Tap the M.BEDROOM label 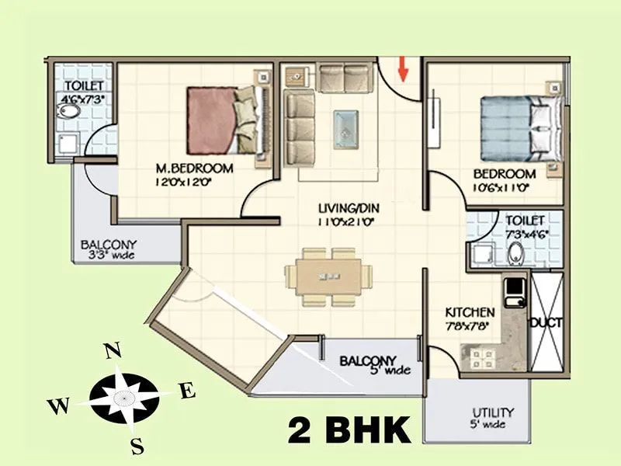(194, 169)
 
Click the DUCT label (546, 322)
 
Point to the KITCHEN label (470, 312)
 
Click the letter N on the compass (113, 351)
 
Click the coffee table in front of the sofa (345, 128)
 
